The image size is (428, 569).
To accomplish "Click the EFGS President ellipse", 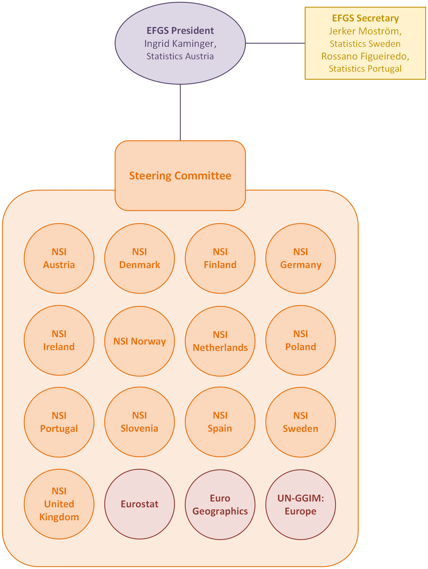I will point(180,43).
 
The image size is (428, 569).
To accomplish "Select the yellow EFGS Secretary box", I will point(365,43).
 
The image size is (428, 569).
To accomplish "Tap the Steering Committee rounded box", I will point(180,175).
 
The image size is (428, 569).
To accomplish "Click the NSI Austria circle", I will point(59,258).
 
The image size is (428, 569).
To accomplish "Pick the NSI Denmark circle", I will point(139,258).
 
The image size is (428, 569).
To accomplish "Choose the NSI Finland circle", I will point(220,258).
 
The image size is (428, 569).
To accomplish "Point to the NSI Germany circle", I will point(300,258).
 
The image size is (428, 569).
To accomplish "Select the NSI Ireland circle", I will point(59,340).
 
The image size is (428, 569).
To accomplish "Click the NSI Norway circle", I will point(139,341).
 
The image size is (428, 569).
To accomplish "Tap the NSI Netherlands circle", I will point(220,341).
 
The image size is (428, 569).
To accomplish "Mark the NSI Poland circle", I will point(300,340).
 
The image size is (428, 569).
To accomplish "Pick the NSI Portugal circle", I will point(59,422).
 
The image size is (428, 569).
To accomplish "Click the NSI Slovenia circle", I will point(139,422).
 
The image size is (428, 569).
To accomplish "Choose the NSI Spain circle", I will point(220,422).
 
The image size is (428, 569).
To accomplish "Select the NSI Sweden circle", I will point(300,422).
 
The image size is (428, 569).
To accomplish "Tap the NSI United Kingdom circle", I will point(59,504).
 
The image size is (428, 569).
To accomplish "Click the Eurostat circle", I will point(139,504).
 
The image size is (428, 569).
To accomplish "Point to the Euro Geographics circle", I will point(220,504).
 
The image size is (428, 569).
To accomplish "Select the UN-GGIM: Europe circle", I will point(300,504).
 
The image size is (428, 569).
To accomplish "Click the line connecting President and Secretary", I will point(275,43).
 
